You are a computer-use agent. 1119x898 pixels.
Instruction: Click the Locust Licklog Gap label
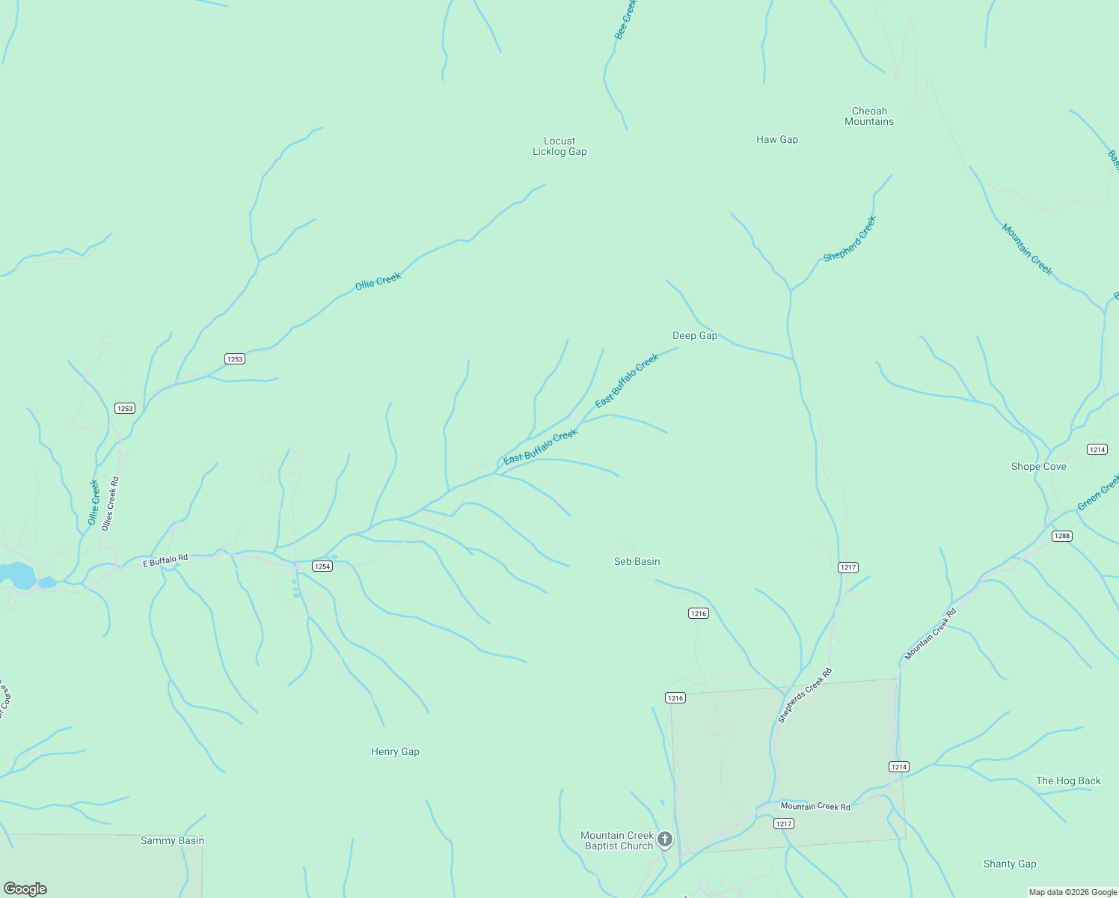(559, 146)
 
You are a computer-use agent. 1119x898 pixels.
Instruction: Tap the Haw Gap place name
(777, 139)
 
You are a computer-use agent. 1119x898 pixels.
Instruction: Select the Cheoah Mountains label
(869, 116)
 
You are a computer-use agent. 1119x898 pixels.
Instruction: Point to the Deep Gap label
(695, 335)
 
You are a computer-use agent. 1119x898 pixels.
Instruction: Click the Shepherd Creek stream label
(850, 239)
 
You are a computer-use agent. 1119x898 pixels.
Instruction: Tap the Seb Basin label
(637, 561)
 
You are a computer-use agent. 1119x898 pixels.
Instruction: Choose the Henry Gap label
(395, 751)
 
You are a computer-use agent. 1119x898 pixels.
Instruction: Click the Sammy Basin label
(172, 840)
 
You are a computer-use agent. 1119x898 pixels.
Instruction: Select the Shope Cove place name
(1039, 466)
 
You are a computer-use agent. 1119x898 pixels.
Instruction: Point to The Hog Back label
(1068, 781)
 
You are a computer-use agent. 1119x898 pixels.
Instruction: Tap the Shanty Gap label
(1010, 864)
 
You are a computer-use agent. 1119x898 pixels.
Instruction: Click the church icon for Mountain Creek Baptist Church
(665, 840)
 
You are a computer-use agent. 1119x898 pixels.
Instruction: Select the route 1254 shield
(322, 566)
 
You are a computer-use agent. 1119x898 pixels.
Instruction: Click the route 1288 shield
(1061, 536)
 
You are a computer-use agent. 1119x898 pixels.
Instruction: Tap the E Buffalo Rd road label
(165, 560)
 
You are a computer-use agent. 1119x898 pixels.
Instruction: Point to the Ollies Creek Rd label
(111, 504)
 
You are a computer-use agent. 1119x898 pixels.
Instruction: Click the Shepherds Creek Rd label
(805, 695)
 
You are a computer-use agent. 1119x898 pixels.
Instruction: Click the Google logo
(25, 888)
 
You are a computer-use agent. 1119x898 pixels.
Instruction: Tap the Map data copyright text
(1073, 892)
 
